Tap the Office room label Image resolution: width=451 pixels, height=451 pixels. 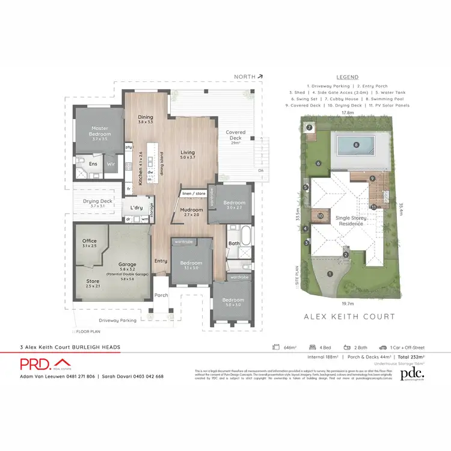[89, 243]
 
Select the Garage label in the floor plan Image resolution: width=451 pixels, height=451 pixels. [127, 265]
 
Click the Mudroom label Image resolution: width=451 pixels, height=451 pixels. [193, 211]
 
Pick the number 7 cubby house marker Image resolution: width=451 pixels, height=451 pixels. [309, 127]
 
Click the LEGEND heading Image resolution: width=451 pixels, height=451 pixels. [347, 77]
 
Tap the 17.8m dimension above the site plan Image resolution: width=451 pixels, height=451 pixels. [347, 112]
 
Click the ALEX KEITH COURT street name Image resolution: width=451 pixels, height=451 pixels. [349, 316]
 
